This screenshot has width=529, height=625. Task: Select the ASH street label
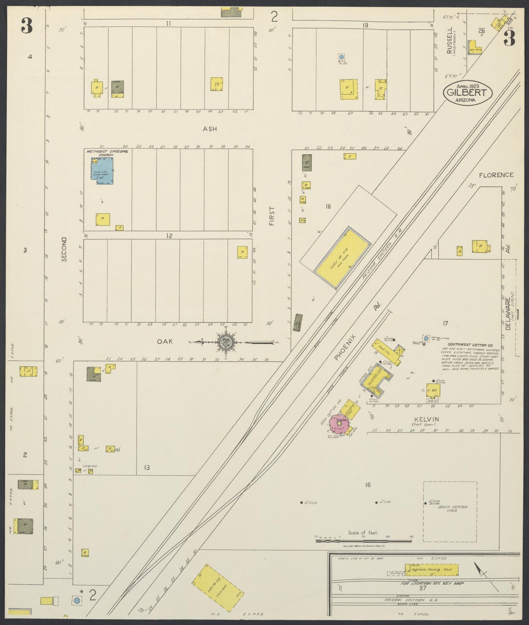tap(210, 129)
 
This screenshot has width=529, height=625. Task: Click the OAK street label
tap(165, 341)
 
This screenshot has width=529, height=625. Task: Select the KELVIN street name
tap(426, 419)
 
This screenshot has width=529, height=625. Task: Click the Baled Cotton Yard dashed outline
tap(450, 511)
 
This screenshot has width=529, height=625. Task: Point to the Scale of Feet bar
tap(364, 541)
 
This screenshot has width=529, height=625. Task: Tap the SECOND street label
tap(64, 249)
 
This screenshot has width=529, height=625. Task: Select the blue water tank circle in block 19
tap(341, 57)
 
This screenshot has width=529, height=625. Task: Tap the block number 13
tap(146, 468)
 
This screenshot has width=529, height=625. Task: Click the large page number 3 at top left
tap(26, 26)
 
